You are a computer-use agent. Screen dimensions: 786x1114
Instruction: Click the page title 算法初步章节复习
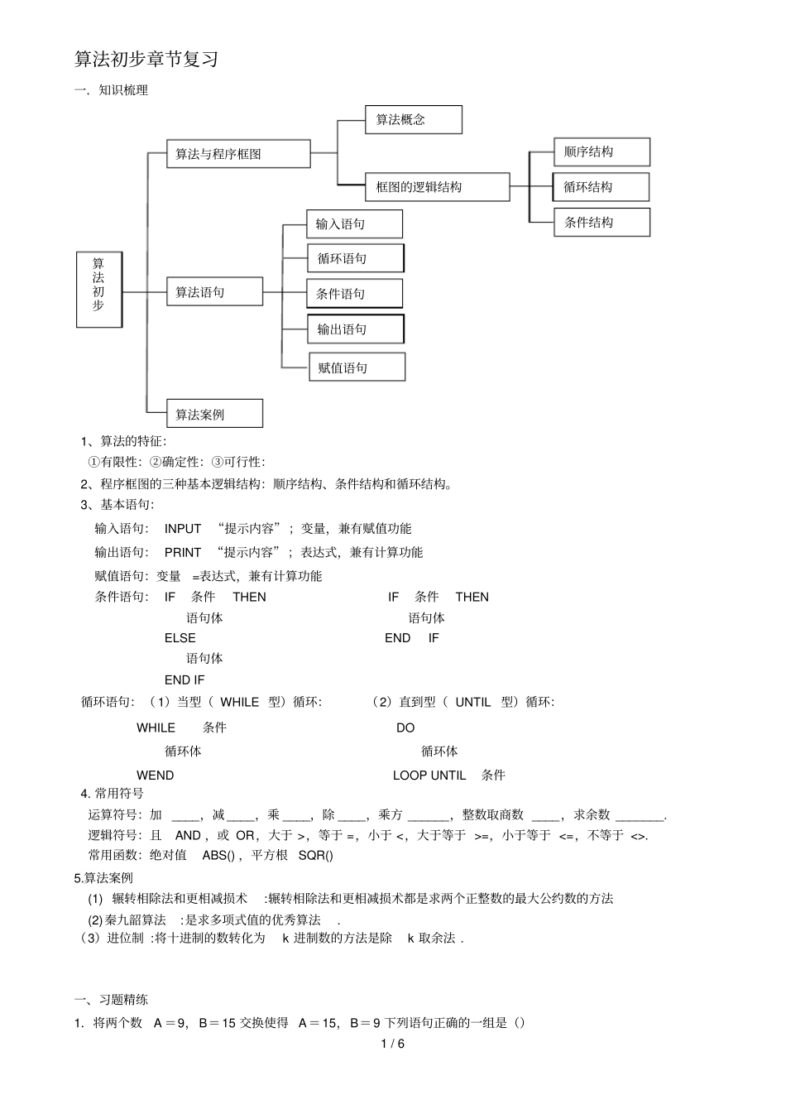tap(146, 60)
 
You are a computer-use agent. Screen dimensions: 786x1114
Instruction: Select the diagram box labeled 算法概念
tap(413, 120)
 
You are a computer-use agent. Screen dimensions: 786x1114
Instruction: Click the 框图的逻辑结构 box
tap(437, 187)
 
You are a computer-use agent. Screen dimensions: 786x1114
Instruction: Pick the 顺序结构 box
tap(601, 152)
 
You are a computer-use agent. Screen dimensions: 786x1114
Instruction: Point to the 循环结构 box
tap(601, 187)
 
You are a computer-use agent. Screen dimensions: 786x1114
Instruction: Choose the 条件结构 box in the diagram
tap(601, 223)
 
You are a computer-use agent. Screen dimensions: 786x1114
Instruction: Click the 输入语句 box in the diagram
tap(354, 224)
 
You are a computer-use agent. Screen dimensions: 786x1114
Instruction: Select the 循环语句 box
tap(355, 258)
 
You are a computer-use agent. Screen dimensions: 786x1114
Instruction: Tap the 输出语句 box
tap(355, 329)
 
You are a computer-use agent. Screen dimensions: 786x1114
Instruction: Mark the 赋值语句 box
tap(357, 367)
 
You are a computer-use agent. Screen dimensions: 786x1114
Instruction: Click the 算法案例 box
tap(214, 414)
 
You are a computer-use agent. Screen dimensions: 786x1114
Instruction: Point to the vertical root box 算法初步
tap(98, 289)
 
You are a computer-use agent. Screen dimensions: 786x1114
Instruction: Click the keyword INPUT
tap(183, 529)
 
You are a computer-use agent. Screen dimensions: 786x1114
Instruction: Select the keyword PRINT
tap(183, 552)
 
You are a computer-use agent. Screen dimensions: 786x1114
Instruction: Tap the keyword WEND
tap(156, 775)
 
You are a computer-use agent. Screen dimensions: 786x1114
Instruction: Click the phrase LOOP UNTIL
tap(429, 775)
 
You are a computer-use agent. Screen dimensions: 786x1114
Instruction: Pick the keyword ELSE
tap(180, 638)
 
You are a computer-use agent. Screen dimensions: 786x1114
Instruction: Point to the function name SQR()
tap(316, 855)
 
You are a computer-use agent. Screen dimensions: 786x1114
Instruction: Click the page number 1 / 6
tap(393, 1044)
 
